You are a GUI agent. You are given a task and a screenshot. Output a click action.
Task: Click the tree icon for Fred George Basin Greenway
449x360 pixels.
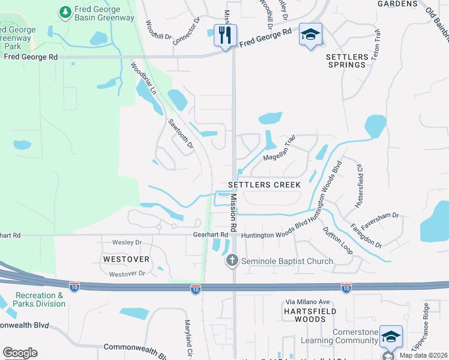(x=65, y=11)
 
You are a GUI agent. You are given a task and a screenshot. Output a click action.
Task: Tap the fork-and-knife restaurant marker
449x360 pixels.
(x=225, y=35)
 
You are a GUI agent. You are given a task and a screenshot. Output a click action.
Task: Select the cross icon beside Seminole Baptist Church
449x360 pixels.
(x=232, y=261)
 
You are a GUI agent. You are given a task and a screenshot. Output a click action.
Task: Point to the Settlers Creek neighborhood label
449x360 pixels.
(x=265, y=185)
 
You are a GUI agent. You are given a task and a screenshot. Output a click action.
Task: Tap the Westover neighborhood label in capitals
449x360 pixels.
(x=126, y=259)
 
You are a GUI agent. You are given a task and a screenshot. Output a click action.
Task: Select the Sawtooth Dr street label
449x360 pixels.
(x=181, y=133)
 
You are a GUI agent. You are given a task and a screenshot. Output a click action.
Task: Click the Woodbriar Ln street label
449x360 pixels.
(x=143, y=79)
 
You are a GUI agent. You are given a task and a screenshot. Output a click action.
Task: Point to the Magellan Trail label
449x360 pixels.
(x=280, y=149)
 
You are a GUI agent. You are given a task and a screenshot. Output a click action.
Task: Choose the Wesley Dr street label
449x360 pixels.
(x=127, y=242)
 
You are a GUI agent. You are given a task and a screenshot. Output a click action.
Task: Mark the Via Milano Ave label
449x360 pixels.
(x=307, y=302)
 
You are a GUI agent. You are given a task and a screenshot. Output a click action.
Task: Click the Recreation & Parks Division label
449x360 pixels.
(x=40, y=299)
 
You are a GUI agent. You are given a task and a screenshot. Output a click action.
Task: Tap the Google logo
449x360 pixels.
(x=20, y=353)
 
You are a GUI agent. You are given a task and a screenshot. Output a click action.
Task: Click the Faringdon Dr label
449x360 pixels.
(x=366, y=236)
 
